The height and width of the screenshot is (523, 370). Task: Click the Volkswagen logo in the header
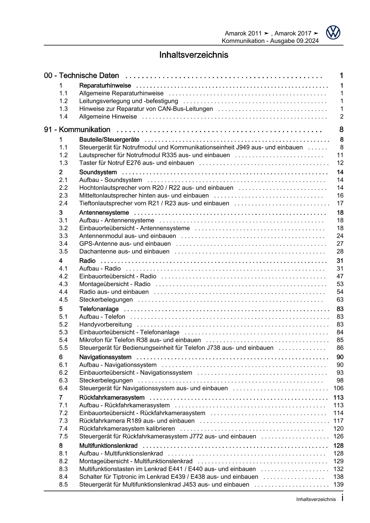tap(333, 32)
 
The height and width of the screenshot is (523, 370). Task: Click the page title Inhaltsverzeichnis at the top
tap(194, 55)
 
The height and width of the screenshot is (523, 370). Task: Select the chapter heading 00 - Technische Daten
tap(81, 76)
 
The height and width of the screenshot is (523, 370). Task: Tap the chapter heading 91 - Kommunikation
tap(77, 130)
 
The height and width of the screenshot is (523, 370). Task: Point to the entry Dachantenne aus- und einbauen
tap(124, 252)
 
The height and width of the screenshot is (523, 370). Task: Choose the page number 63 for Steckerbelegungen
tap(340, 300)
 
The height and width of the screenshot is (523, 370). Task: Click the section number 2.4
tap(63, 203)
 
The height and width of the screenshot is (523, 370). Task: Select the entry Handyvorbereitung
tap(105, 325)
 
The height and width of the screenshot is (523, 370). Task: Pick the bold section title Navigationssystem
tap(105, 357)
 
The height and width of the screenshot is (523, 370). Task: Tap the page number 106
tap(338, 388)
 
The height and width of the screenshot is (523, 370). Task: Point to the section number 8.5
tap(63, 485)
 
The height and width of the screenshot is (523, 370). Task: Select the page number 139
tap(338, 485)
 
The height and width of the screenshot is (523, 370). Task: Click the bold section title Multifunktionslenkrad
tap(108, 446)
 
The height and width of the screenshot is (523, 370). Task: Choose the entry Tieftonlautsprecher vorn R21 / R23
tap(154, 203)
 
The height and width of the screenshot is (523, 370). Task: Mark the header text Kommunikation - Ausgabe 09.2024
tap(270, 41)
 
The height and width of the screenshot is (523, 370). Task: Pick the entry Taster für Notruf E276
tap(136, 163)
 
